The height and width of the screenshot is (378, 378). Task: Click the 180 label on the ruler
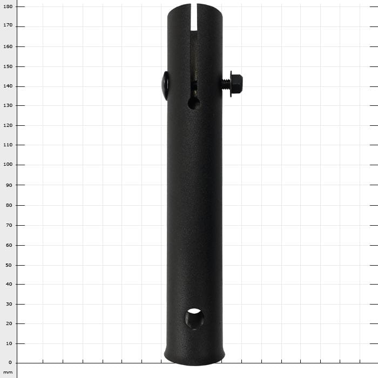tap(8, 6)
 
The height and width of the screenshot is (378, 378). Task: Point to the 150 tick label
tap(8, 66)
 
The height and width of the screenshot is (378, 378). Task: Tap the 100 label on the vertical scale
tap(8, 164)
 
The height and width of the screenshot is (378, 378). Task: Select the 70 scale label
tap(9, 225)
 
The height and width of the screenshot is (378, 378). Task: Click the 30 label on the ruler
tap(9, 304)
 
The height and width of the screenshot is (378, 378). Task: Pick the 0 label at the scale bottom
tap(10, 362)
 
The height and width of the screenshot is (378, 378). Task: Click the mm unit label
tap(8, 373)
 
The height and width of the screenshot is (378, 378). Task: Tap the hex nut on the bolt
tap(237, 84)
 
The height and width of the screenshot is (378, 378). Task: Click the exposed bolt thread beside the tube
tap(226, 84)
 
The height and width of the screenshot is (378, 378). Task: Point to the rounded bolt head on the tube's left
tap(165, 85)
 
